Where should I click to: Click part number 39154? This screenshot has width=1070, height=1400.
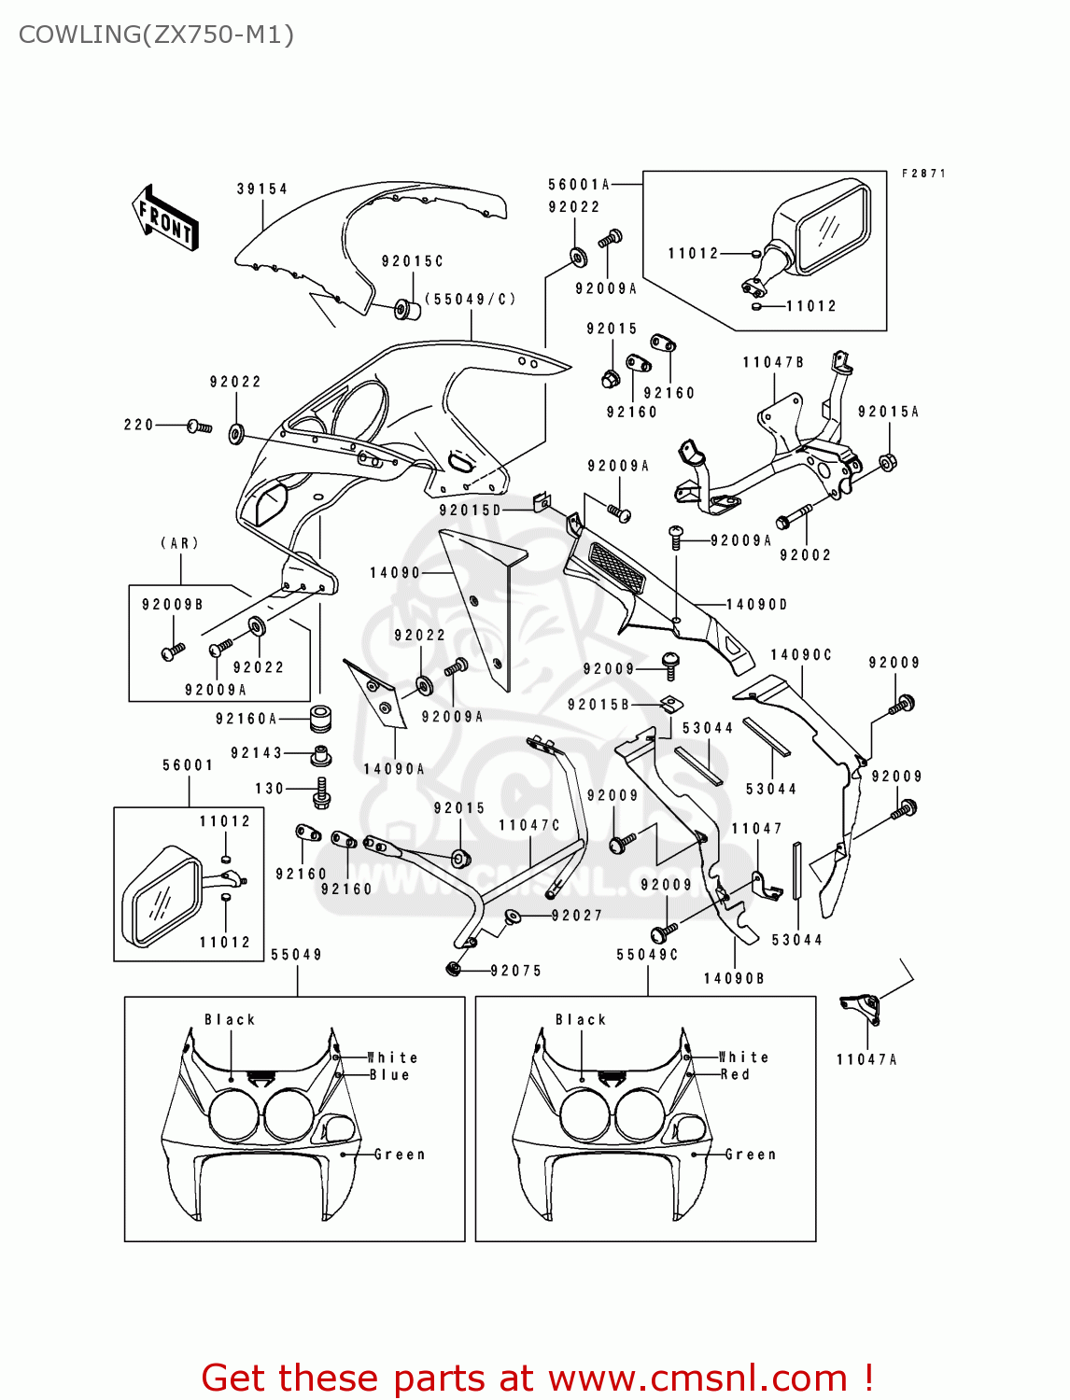(x=261, y=189)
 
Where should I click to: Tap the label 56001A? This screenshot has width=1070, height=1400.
(x=578, y=185)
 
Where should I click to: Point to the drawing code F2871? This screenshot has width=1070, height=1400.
(x=923, y=174)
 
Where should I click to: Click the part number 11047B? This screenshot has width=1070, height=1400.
(x=773, y=362)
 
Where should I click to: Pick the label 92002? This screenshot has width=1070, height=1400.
(x=805, y=554)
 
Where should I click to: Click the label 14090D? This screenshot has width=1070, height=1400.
(x=757, y=605)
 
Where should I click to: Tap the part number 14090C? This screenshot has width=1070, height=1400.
(x=800, y=655)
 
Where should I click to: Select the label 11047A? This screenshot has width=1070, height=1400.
(x=866, y=1059)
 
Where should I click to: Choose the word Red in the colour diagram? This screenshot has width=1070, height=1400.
(x=735, y=1074)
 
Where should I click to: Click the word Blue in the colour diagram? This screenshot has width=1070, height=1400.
(x=389, y=1074)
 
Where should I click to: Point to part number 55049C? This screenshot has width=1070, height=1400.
(x=647, y=955)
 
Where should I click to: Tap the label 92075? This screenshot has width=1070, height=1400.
(x=516, y=971)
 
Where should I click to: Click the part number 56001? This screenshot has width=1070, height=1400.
(x=188, y=765)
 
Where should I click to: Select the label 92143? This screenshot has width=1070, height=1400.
(x=256, y=753)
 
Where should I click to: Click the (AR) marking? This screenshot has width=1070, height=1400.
(x=180, y=543)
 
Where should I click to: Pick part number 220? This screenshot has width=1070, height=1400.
(x=138, y=425)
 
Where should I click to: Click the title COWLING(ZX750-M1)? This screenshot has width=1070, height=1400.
(x=156, y=35)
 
